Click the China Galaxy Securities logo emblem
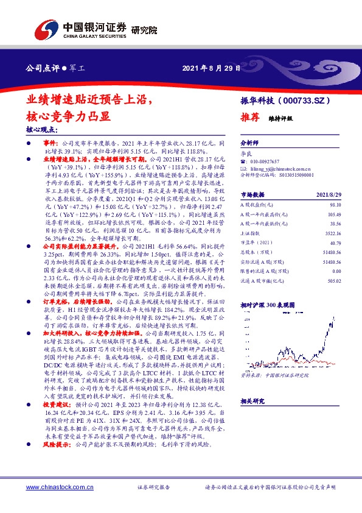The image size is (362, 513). tap(46, 29)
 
